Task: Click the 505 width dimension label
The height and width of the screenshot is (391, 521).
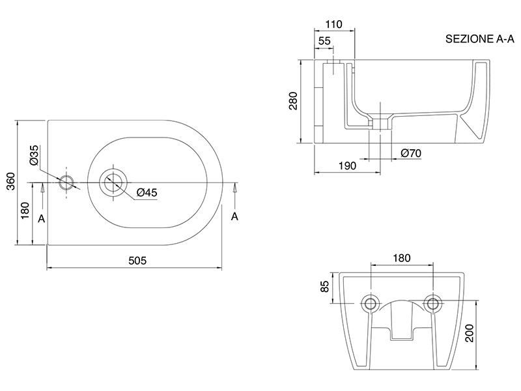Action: pyautogui.click(x=137, y=260)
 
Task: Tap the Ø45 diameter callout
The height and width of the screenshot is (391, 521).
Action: pyautogui.click(x=147, y=192)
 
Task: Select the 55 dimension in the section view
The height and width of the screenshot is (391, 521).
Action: pyautogui.click(x=324, y=41)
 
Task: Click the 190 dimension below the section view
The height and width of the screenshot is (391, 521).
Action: pyautogui.click(x=347, y=166)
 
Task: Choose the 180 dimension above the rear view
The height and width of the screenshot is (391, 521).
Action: pyautogui.click(x=401, y=258)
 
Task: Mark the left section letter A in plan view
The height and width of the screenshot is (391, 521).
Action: pyautogui.click(x=42, y=219)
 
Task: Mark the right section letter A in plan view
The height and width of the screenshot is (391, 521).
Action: pyautogui.click(x=234, y=216)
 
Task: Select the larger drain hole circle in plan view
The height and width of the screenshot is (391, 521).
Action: pyautogui.click(x=114, y=182)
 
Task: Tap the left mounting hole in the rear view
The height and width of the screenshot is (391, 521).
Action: pyautogui.click(x=371, y=303)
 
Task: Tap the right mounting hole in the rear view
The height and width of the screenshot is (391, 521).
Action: pyautogui.click(x=431, y=303)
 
